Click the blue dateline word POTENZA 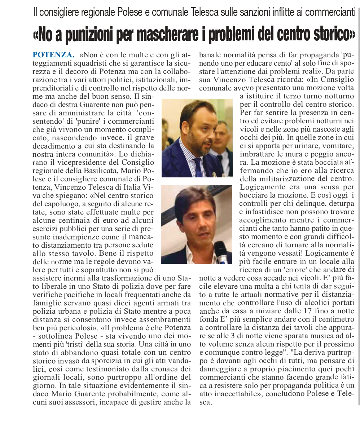pyautogui.click(x=53, y=55)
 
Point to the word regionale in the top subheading pyautogui.click(x=99, y=13)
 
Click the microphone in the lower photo pyautogui.click(x=221, y=252)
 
